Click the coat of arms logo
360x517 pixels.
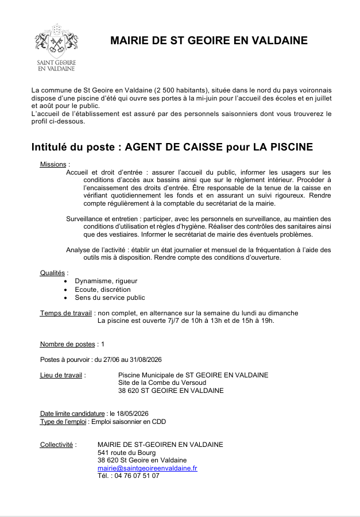pos(56,40)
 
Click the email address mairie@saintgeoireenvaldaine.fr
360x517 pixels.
pos(147,468)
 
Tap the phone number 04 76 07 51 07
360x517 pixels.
pos(137,476)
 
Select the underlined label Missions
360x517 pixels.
pos(53,165)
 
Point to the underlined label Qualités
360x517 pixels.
pos(53,273)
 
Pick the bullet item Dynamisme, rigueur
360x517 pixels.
pos(106,281)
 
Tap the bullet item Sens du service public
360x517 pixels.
pos(110,298)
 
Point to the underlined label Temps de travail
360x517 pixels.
pos(65,313)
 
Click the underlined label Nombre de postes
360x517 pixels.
pos(67,344)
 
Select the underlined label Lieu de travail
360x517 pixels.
pos(61,375)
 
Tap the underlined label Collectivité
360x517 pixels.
pos(56,445)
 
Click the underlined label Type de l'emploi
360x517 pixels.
pos(63,422)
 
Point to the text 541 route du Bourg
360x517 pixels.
pos(126,453)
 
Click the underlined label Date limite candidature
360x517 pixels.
pos(72,414)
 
